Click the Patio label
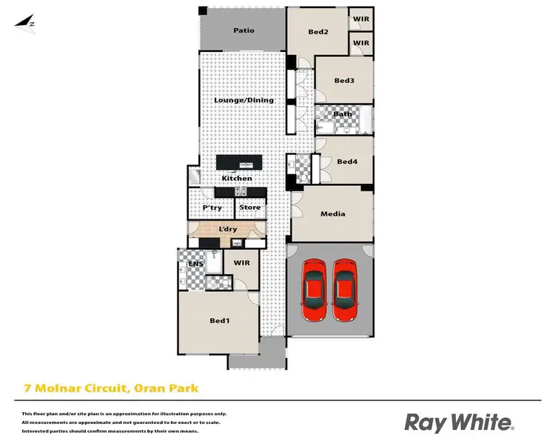(x=243, y=30)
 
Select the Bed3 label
(x=345, y=80)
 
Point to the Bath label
(x=343, y=114)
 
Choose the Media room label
(x=332, y=214)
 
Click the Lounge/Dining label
(x=243, y=100)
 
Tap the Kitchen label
(x=237, y=179)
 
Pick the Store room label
(x=249, y=208)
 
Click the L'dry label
(x=227, y=230)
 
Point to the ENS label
(x=195, y=263)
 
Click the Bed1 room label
(x=218, y=320)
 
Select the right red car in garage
(x=346, y=290)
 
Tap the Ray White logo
(x=459, y=423)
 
